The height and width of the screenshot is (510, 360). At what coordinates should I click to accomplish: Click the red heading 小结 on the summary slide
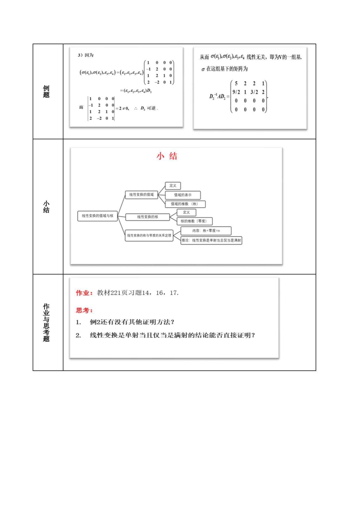(167, 156)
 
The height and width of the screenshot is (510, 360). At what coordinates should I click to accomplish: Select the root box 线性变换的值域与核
(97, 216)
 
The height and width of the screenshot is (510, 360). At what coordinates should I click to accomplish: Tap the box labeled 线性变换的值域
(141, 195)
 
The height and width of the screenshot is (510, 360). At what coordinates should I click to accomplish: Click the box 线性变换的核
(147, 217)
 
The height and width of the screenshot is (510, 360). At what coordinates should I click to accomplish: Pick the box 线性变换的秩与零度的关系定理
(149, 236)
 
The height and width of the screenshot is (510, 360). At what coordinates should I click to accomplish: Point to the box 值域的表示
(183, 195)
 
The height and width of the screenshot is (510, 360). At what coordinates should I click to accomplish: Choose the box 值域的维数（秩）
(185, 204)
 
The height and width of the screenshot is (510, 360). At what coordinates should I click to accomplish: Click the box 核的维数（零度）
(194, 221)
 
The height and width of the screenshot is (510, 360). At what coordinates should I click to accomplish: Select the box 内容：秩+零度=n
(206, 231)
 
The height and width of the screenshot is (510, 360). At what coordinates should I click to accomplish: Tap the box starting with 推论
(211, 240)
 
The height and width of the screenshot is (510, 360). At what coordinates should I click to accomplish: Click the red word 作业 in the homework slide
(83, 293)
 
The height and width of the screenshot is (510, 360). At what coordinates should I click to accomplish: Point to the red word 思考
(83, 310)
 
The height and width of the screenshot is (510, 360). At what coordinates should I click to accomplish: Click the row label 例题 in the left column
(46, 92)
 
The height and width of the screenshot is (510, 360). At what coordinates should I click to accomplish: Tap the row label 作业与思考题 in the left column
(46, 323)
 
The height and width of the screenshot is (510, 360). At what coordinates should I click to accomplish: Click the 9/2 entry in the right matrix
(236, 92)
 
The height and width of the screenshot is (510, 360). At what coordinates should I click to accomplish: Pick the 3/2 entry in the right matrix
(254, 92)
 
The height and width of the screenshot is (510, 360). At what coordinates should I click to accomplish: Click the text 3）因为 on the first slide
(86, 55)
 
